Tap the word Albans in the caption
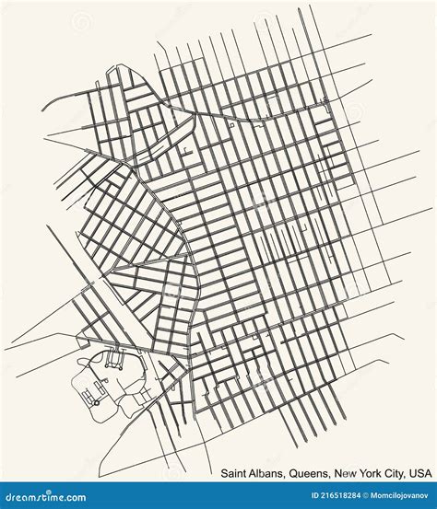[x=266, y=473]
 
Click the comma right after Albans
[x=286, y=476]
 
